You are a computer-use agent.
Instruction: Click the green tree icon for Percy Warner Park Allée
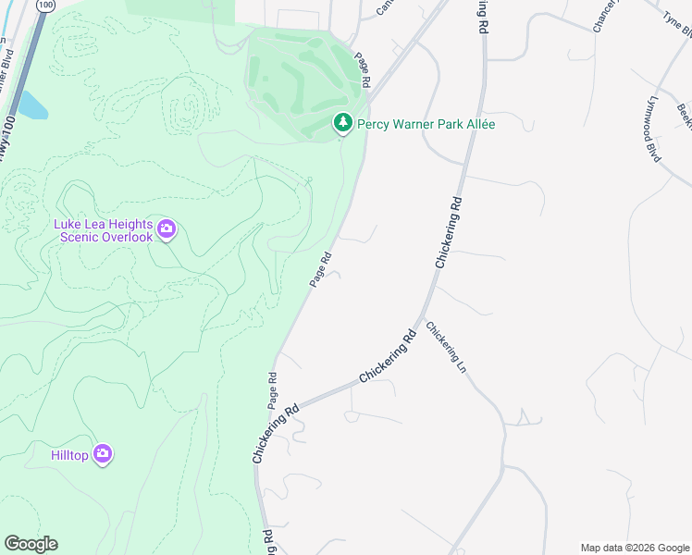(343, 123)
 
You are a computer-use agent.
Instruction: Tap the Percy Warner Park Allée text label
(426, 124)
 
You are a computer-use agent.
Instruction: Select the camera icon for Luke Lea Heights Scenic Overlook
(167, 228)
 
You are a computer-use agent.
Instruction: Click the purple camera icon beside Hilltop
(104, 454)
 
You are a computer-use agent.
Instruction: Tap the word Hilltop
(70, 454)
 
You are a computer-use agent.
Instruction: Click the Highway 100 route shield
(44, 5)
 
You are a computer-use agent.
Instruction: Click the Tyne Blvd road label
(678, 25)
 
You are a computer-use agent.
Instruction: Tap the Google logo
(31, 544)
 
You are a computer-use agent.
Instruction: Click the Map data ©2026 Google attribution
(635, 548)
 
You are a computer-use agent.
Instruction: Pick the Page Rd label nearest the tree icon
(362, 70)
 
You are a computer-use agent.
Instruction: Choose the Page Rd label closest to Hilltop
(273, 390)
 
